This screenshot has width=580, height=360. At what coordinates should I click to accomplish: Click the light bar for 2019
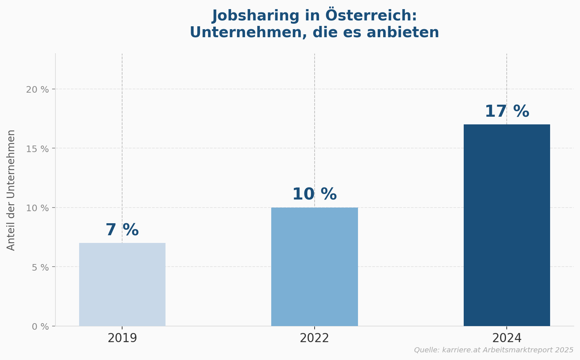pos(122,284)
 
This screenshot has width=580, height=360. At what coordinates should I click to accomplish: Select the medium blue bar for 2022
pos(314,267)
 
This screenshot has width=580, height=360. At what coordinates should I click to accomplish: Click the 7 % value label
pos(122,230)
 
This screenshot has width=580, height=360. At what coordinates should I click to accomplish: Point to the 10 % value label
pos(314,194)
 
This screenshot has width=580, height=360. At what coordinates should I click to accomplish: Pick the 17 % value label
pos(506,112)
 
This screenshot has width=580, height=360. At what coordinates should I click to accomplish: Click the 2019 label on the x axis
pos(122,338)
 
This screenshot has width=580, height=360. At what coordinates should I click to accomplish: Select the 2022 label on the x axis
pos(314,338)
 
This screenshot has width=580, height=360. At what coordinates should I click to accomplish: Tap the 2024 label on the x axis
pos(506,338)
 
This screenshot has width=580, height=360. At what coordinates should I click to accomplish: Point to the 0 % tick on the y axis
pos(40,326)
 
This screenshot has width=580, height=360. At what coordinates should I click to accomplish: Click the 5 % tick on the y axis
pos(40,267)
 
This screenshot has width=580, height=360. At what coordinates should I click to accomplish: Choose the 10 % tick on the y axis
pos(38,208)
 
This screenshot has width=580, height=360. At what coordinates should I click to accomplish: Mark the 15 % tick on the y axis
pos(38,149)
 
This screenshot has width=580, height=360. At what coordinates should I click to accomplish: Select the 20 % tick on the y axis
pos(38,89)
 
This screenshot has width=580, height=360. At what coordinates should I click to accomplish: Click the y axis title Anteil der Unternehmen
pos(11,190)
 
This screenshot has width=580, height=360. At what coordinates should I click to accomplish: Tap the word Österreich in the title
pos(371,16)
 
